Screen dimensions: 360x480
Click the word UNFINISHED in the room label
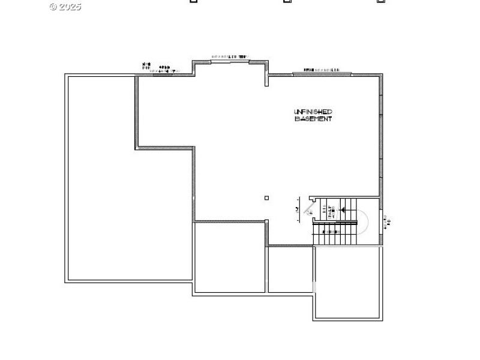pos(313,112)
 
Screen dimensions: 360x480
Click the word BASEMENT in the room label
pos(313,119)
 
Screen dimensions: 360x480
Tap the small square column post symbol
pos(267,198)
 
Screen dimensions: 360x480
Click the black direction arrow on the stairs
pos(343,209)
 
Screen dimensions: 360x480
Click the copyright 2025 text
pos(65,7)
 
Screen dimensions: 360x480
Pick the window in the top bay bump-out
pos(229,61)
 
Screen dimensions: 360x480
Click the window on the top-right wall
pos(322,74)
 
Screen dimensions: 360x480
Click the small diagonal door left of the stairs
pos(310,209)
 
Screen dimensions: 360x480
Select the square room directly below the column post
pos(230,257)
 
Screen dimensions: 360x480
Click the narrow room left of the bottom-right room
pos(290,269)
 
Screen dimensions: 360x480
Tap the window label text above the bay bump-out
pos(229,56)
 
